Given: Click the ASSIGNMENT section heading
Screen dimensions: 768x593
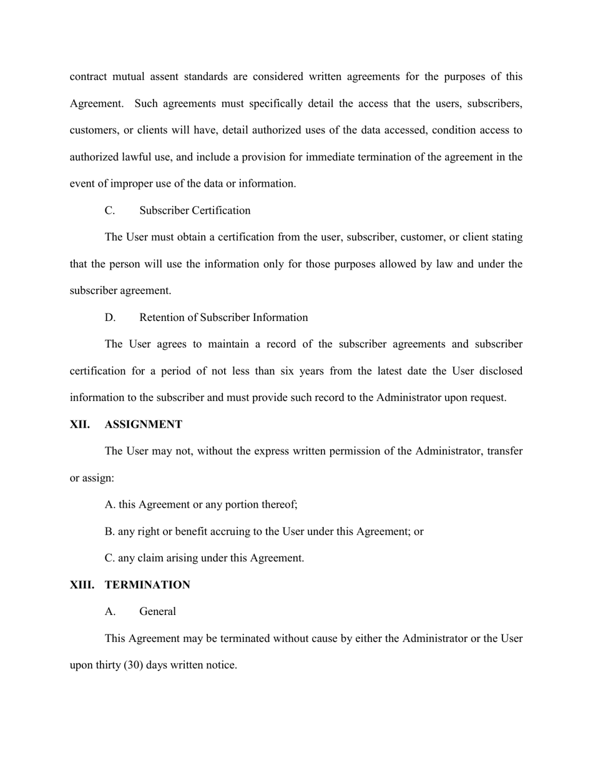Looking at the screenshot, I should pyautogui.click(x=144, y=425).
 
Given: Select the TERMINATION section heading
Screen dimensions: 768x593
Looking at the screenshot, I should pyautogui.click(x=147, y=585).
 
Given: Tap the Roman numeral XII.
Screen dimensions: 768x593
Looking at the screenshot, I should pyautogui.click(x=79, y=425).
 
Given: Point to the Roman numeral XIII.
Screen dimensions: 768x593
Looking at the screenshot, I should pyautogui.click(x=81, y=585).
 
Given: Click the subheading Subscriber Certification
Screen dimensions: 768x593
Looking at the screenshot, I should pyautogui.click(x=195, y=210).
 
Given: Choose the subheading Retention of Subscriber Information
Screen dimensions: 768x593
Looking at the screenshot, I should pyautogui.click(x=223, y=318).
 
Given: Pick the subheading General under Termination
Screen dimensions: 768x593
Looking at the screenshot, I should pyautogui.click(x=157, y=612).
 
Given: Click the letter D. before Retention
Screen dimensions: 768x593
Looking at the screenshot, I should pyautogui.click(x=110, y=318).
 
